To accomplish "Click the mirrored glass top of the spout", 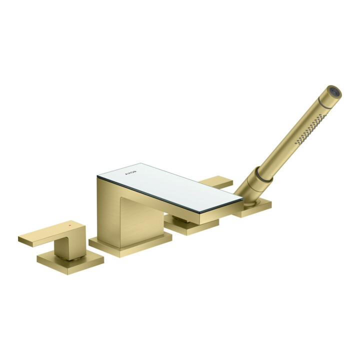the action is tap(170, 186).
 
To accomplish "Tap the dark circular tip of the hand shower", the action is tap(336, 92).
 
